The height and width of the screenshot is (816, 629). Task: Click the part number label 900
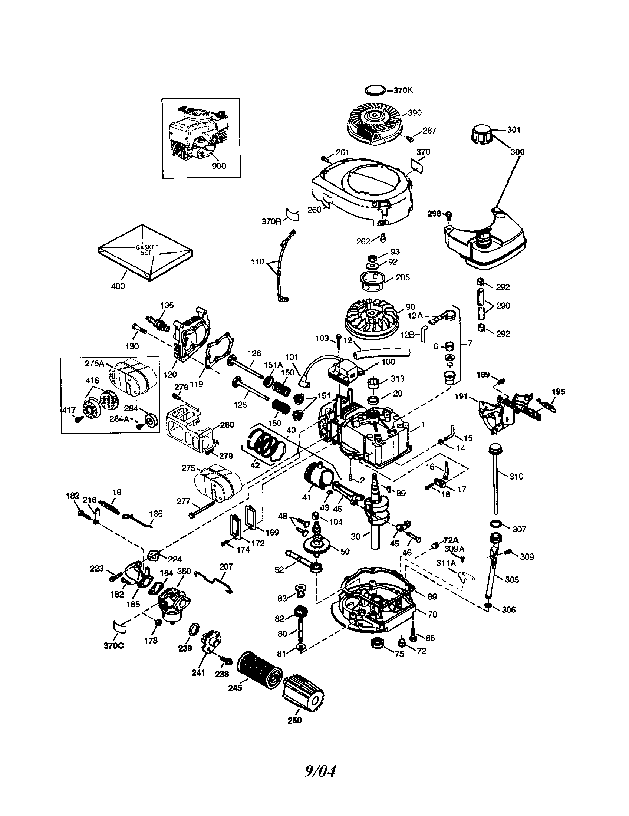tap(218, 165)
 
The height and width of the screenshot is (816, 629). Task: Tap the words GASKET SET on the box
tap(147, 250)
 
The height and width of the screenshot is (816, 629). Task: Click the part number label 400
tap(118, 286)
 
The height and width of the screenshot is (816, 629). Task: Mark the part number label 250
tap(294, 720)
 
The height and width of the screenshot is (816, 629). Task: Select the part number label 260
tap(314, 210)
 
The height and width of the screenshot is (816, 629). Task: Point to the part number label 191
tap(461, 397)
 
